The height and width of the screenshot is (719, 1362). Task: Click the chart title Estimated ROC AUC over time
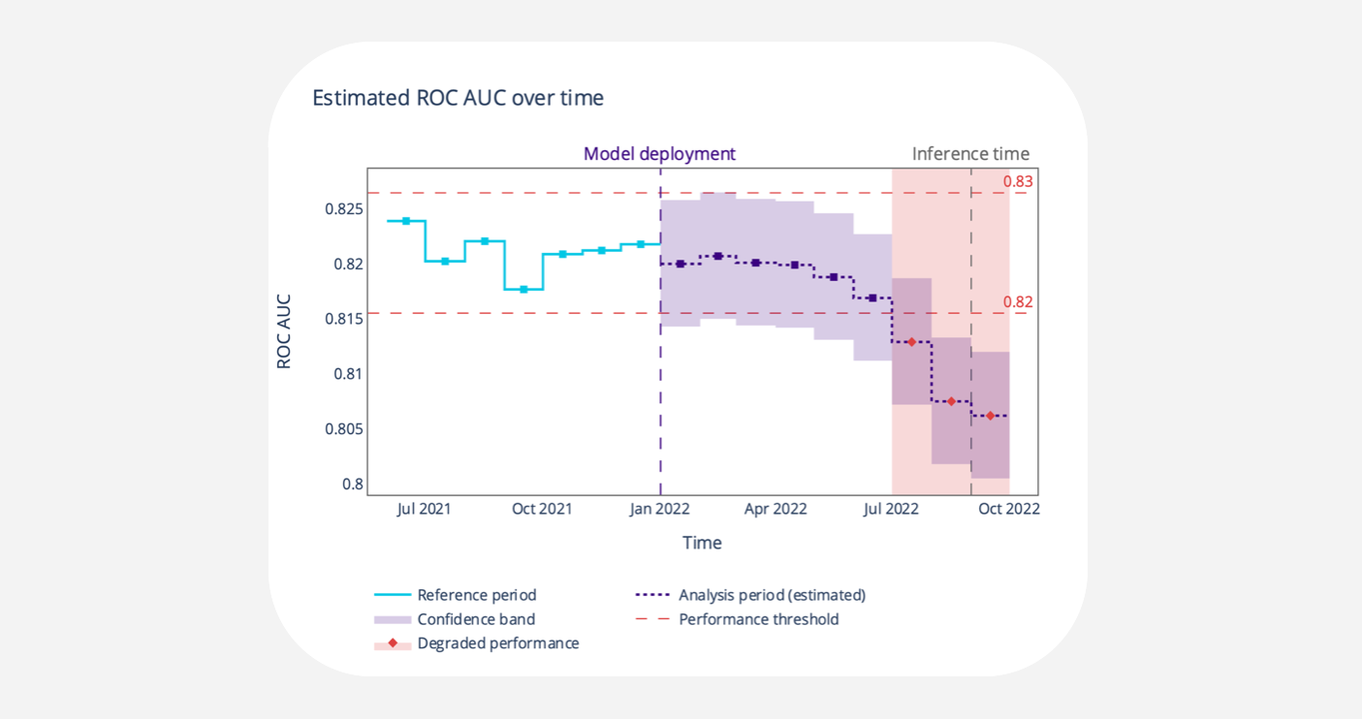(458, 98)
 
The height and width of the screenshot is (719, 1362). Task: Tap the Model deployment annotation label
(659, 154)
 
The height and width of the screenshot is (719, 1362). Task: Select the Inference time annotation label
(970, 154)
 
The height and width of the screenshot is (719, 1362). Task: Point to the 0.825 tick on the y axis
(344, 209)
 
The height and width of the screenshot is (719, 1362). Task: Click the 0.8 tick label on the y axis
(353, 485)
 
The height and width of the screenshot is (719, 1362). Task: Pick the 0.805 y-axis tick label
(344, 429)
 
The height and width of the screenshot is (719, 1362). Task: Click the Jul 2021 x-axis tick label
(424, 509)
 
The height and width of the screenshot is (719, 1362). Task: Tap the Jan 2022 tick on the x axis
(659, 509)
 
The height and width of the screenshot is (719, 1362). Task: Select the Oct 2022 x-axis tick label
(1008, 509)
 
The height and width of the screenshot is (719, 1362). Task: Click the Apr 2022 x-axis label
(776, 509)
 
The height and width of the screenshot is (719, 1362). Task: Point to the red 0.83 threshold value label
(1018, 182)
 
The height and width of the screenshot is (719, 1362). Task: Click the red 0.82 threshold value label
(1018, 302)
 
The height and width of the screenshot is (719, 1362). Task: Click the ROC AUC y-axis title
(284, 331)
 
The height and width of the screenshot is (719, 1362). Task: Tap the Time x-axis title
(702, 543)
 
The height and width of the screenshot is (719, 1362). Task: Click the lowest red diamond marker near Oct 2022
(990, 416)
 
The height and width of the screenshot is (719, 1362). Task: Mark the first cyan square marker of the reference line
(406, 221)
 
